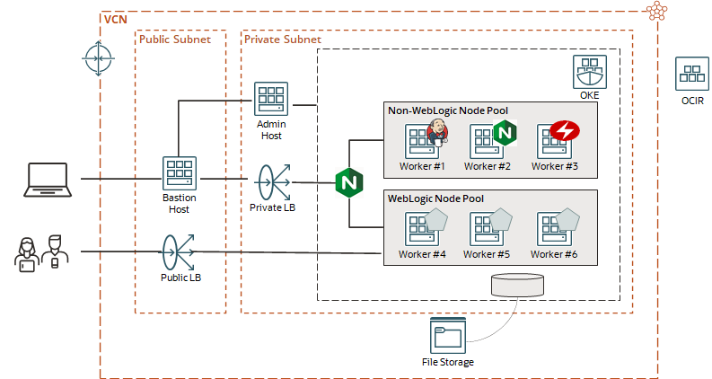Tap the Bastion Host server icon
[179, 173]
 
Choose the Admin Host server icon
[270, 99]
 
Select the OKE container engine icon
[589, 71]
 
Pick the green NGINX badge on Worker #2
[505, 134]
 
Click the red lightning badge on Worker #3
[565, 132]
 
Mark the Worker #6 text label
[559, 255]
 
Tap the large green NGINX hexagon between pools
[348, 182]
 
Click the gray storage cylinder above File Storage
[518, 285]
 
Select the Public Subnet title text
[174, 40]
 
